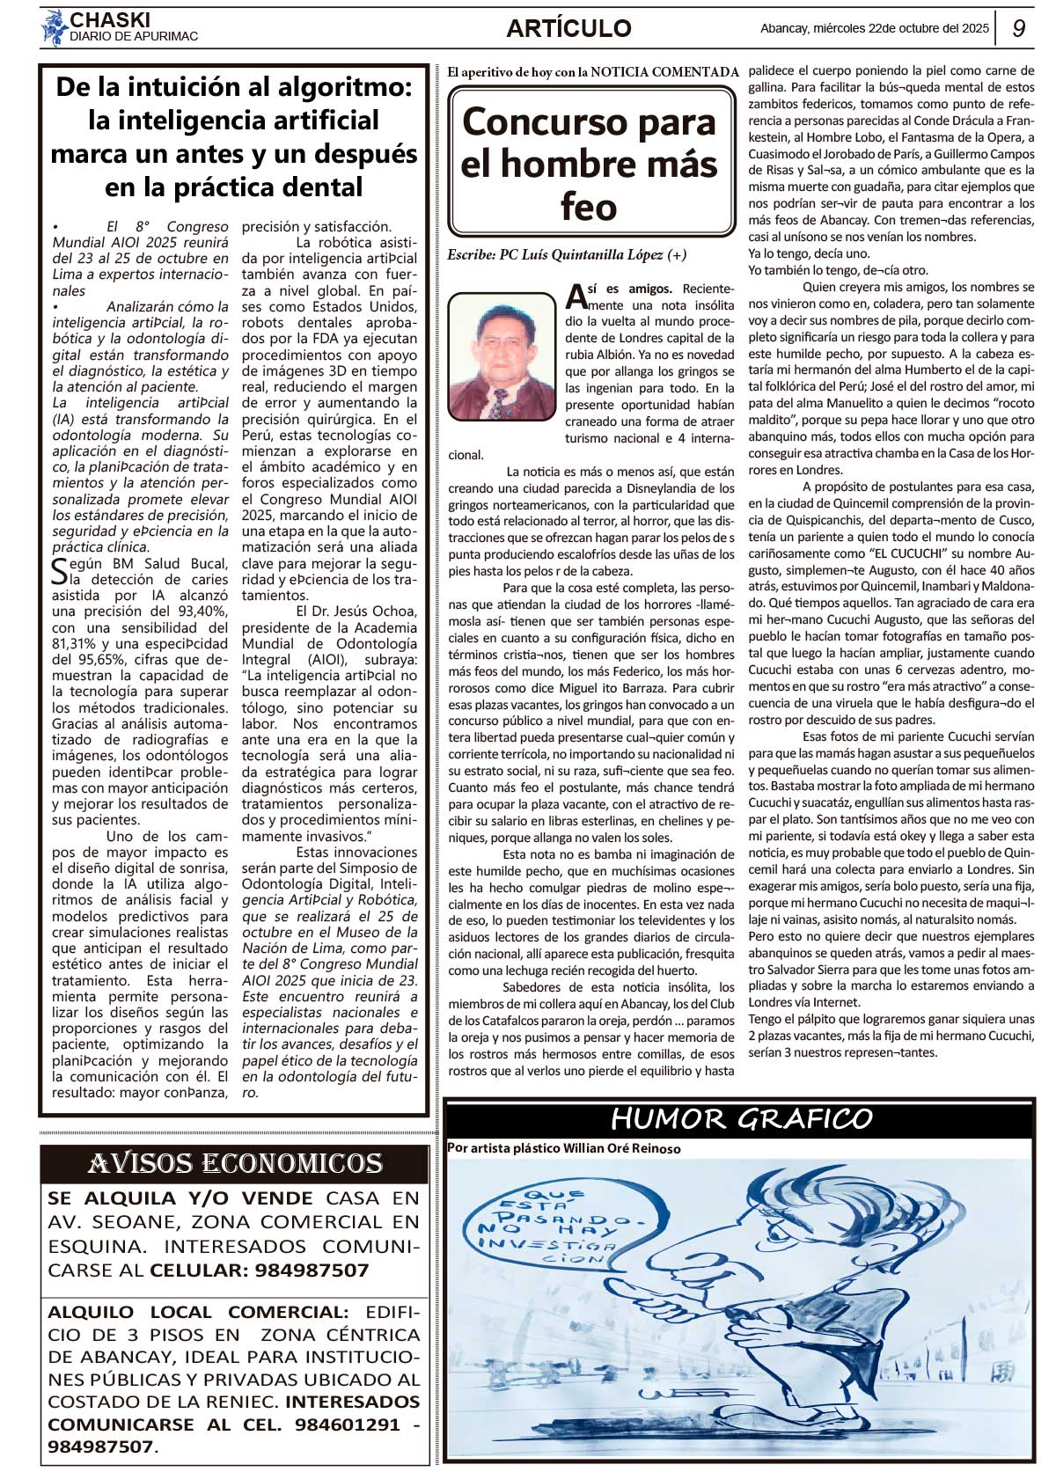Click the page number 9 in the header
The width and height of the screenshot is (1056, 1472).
point(1019,28)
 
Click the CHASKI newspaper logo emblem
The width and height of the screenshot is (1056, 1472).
point(54,28)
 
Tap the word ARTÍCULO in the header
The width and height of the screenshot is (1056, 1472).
point(568,28)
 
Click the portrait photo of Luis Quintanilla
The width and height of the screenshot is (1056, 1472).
point(501,356)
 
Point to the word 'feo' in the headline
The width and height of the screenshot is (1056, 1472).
point(588,207)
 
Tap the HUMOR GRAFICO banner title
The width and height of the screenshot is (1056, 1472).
point(741,1119)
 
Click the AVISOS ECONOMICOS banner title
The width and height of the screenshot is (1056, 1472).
point(235,1164)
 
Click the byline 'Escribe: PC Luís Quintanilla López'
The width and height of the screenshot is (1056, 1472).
point(567,255)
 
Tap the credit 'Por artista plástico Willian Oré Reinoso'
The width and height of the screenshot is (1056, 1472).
point(563,1148)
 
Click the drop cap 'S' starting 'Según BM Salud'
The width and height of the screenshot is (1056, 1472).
point(59,571)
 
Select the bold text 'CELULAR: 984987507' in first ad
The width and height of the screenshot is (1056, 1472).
point(259,1270)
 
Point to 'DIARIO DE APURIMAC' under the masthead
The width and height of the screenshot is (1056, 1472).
point(134,37)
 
